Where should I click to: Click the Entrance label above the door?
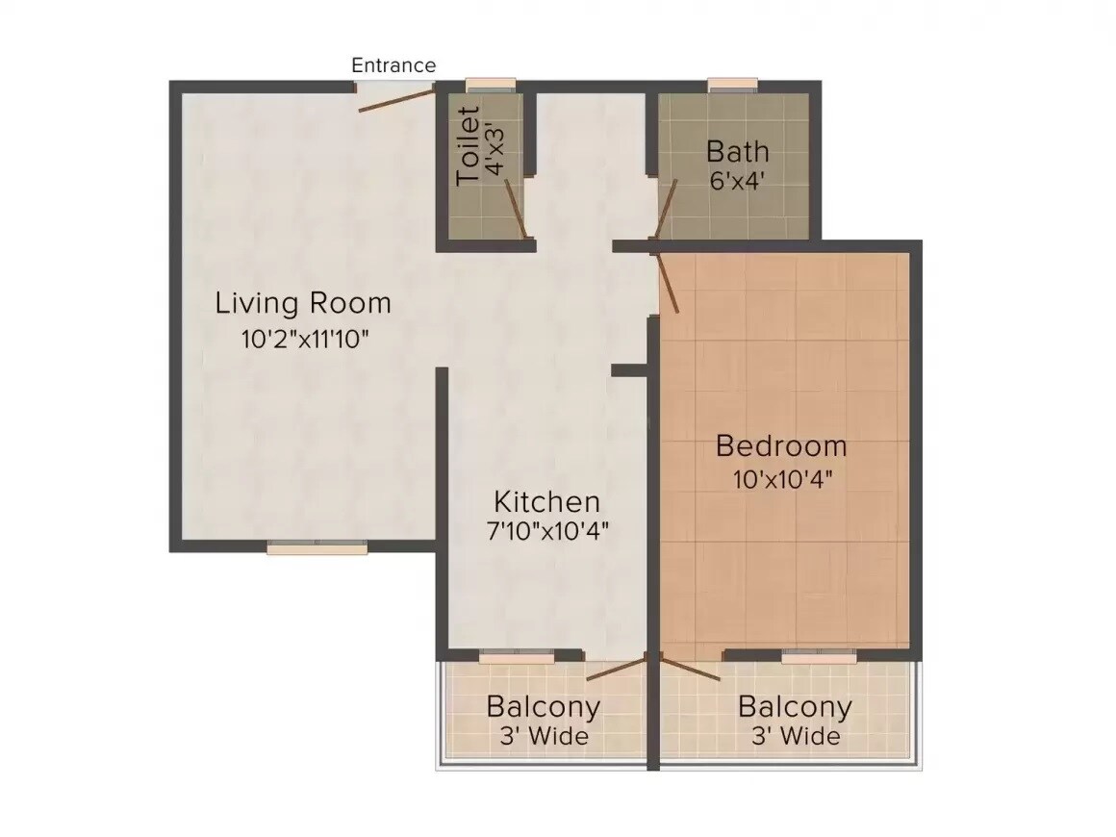pos(393,65)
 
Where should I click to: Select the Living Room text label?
pos(303,303)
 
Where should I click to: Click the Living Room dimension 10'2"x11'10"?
pos(306,339)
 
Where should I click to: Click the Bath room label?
pos(738,151)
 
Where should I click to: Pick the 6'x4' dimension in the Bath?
pos(737,181)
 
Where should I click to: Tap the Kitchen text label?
pos(546,501)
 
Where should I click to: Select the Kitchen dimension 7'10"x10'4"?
pos(548,530)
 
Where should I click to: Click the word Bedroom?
pos(781,446)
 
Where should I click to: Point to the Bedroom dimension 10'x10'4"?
pos(781,478)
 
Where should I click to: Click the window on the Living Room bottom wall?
pos(317,547)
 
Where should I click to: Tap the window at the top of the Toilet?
pos(491,85)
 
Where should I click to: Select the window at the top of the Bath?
pos(734,85)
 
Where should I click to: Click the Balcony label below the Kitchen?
pos(544,707)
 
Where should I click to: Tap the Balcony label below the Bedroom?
pos(795,707)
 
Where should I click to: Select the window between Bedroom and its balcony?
pos(818,657)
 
